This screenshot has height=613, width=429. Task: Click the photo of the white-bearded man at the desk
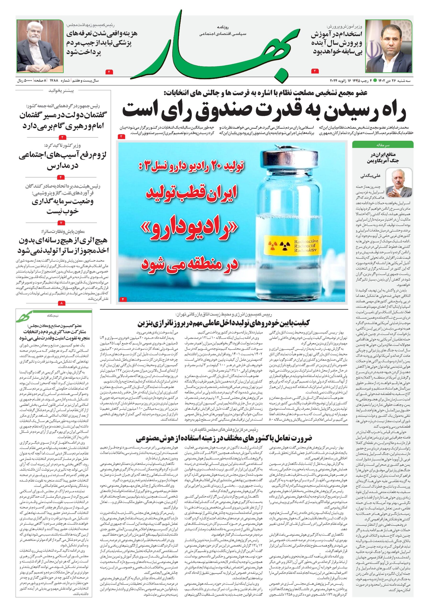point(40,46)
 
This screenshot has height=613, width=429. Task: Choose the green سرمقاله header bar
point(383,144)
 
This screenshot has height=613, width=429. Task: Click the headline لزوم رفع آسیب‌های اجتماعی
point(63,155)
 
